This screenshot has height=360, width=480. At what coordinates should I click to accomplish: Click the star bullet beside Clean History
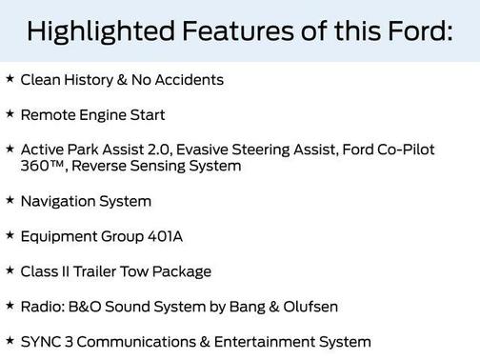(x=10, y=79)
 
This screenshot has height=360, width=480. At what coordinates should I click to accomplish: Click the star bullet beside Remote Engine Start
(x=10, y=114)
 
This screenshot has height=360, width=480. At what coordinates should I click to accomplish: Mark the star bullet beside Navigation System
(x=10, y=201)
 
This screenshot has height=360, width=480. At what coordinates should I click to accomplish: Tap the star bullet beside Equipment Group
(x=10, y=235)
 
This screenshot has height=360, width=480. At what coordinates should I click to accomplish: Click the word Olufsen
(x=308, y=307)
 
